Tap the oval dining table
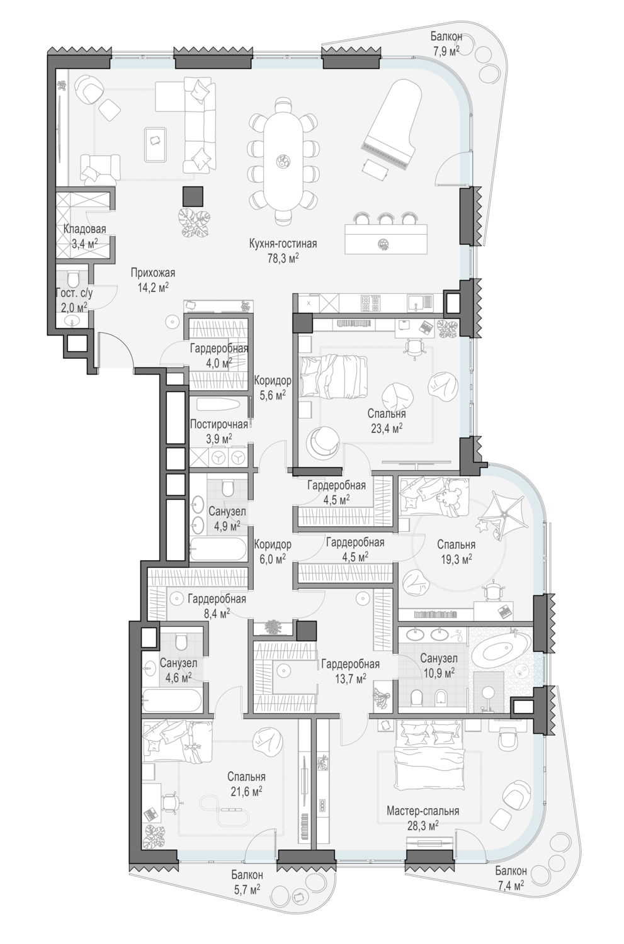pos(282,160)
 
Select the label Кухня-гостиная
pos(283,243)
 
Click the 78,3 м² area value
pos(283,258)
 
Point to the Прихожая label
pos(152,273)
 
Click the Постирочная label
pos(218,424)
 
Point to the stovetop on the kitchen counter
pos(372,301)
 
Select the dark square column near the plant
pos(193,196)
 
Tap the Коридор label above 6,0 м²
pos(273,544)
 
